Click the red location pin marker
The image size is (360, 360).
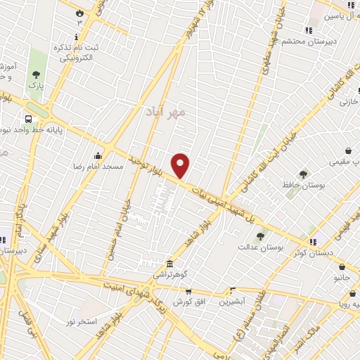pyautogui.click(x=181, y=165)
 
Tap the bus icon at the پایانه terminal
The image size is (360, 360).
pyautogui.click(x=29, y=119)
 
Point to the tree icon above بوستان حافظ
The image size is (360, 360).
pyautogui.click(x=303, y=174)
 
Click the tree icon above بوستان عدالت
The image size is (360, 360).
pyautogui.click(x=260, y=236)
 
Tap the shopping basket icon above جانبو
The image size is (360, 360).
pyautogui.click(x=342, y=267)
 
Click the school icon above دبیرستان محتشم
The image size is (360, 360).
pyautogui.click(x=308, y=30)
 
